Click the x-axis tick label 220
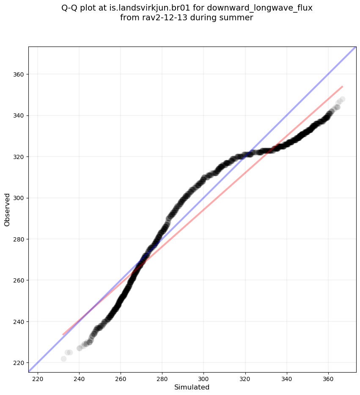pos(38,378)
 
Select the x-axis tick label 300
pos(204,378)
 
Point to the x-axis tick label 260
pos(121,378)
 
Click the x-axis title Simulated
pos(192,387)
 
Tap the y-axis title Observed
pos(7,209)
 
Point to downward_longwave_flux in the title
pos(260,8)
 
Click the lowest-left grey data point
pos(63,359)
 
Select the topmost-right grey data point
pos(342,99)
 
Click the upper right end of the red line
pos(342,86)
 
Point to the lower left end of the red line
pos(63,335)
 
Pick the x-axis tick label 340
pos(287,378)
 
